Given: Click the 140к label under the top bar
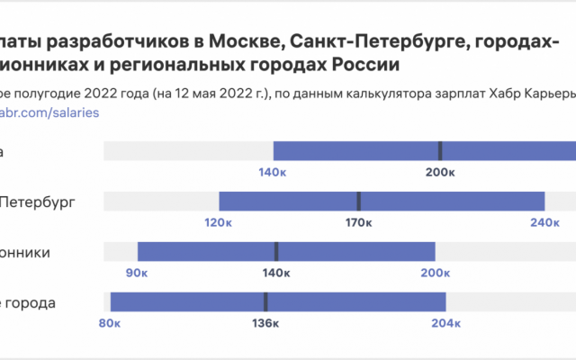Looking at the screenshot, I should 273,172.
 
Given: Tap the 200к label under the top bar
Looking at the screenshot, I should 440,172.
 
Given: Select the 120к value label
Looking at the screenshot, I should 219,222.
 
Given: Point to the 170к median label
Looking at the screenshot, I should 358,222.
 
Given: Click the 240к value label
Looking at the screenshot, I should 544,222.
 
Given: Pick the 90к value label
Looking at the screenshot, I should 137,273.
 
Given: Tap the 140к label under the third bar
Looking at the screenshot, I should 276,273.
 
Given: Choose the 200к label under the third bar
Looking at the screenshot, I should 435,273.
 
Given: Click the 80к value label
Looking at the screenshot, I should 110,323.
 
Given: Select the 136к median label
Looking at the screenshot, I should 265,323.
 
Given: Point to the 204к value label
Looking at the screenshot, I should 445,323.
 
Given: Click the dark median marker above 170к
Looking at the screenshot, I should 358,202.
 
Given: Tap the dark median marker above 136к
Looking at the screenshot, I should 265,302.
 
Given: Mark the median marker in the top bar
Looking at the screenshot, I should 440,151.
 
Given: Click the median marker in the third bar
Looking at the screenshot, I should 276,252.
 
